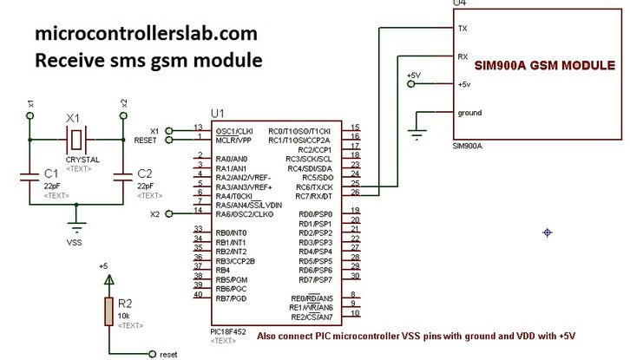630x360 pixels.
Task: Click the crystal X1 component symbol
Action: click(x=77, y=136)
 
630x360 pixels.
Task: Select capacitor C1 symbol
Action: click(x=30, y=177)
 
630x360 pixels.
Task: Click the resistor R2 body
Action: click(x=108, y=311)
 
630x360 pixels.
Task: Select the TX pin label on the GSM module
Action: click(x=463, y=28)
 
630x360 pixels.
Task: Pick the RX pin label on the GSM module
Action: click(x=463, y=56)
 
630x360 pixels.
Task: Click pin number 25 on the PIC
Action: click(x=355, y=183)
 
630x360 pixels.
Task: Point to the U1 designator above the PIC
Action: click(x=218, y=113)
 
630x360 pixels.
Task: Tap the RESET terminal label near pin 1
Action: click(x=145, y=140)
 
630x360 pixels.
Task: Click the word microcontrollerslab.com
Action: click(x=146, y=34)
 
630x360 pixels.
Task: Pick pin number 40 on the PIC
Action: click(x=199, y=294)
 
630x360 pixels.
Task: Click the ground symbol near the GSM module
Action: click(x=418, y=133)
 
